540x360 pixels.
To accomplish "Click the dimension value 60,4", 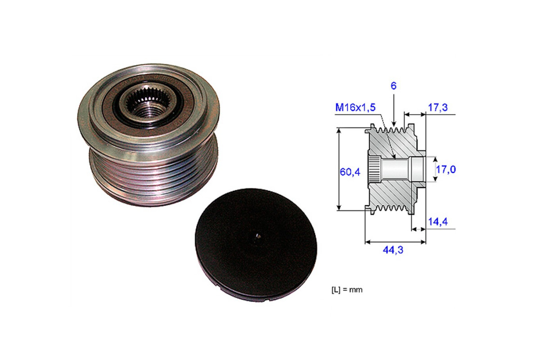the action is coord(350,172).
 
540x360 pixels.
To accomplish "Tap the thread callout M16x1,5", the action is coord(355,108).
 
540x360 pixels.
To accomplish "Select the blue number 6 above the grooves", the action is coord(393,86).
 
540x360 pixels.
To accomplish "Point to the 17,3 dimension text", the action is coord(438,108).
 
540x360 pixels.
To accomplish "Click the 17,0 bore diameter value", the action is coord(446,170).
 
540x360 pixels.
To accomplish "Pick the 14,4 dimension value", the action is coord(438,221).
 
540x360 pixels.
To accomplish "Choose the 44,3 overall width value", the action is coord(393,250).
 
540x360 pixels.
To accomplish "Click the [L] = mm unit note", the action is coord(347,290).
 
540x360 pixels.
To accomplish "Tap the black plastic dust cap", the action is coord(256,245).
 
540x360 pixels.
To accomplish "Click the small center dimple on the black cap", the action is coord(258,236).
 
